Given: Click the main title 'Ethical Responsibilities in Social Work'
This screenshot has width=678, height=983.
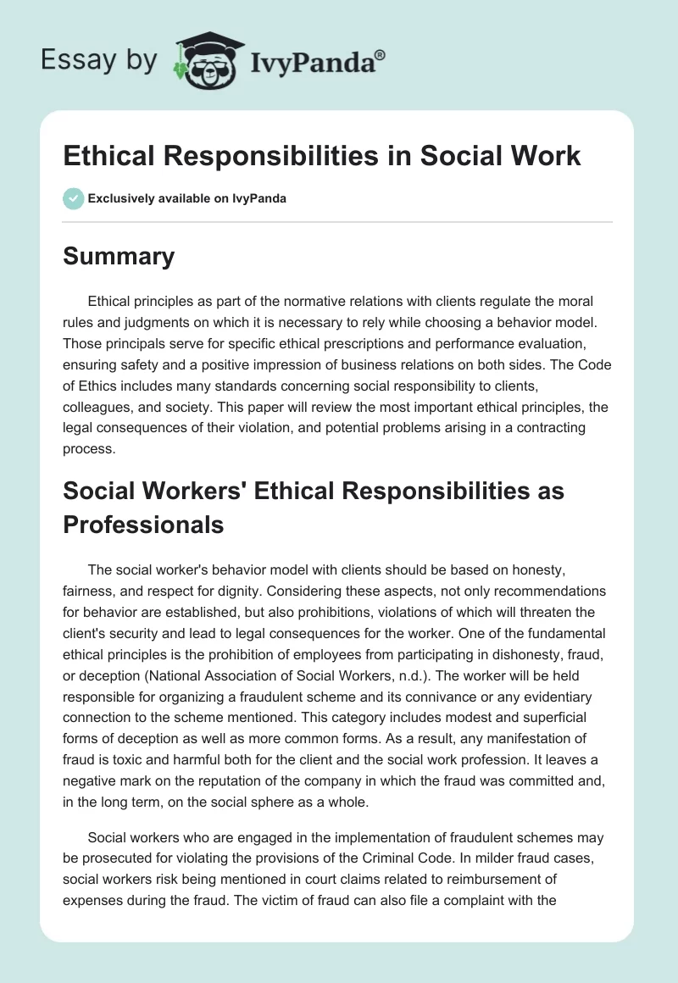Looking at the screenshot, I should click(322, 156).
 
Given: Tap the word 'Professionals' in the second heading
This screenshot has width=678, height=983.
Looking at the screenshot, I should click(143, 525).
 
